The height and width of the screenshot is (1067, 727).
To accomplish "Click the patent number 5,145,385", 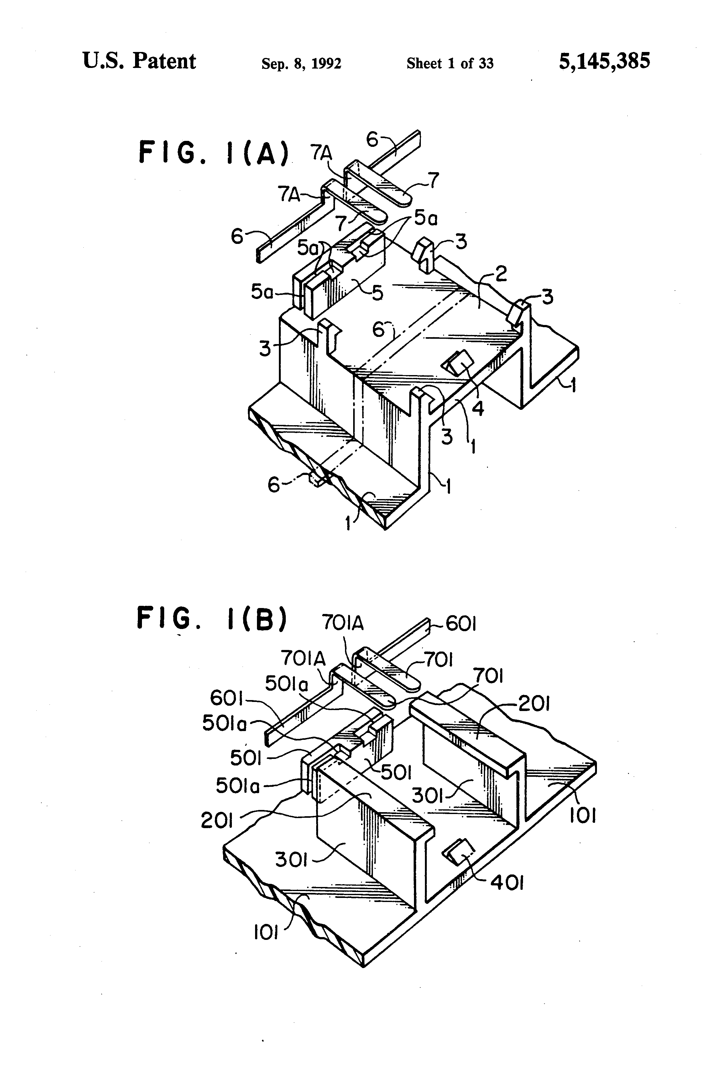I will tap(604, 61).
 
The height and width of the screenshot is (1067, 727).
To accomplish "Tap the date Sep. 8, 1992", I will tap(301, 63).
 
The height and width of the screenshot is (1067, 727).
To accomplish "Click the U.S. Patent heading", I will tap(139, 61).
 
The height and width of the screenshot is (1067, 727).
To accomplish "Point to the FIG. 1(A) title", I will tap(214, 152).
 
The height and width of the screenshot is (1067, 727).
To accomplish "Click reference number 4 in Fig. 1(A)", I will tap(478, 407).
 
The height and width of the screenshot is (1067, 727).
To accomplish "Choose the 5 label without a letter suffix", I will tap(377, 292).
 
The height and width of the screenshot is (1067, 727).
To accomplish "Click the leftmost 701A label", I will tap(303, 658).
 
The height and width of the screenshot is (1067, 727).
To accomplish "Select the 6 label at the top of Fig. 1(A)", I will tap(372, 139).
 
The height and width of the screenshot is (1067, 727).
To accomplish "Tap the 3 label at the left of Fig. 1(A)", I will tap(265, 348).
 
